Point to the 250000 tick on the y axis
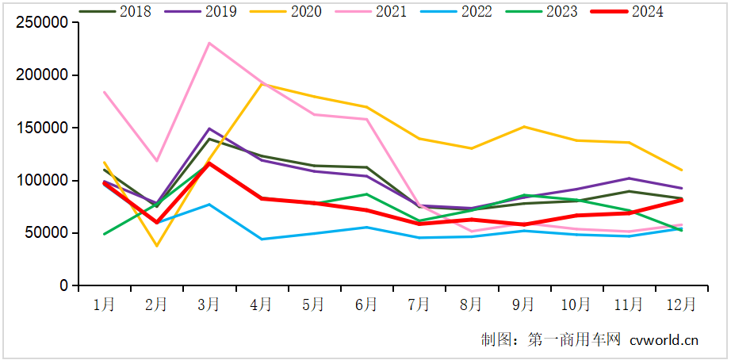[x=42, y=23]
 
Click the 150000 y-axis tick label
[x=42, y=128]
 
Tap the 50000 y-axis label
[x=46, y=233]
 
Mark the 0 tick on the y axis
[x=63, y=285]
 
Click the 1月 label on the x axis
[x=104, y=304]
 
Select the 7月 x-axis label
[x=419, y=304]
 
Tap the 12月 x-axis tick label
[x=681, y=304]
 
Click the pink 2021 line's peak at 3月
[x=209, y=43]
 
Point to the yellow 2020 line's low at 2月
[x=157, y=246]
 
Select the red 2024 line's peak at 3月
[x=209, y=163]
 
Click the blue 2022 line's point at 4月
[x=262, y=239]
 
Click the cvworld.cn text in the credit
[x=664, y=340]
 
